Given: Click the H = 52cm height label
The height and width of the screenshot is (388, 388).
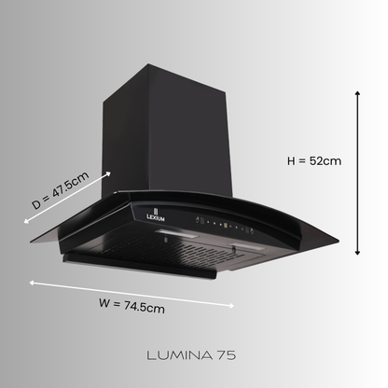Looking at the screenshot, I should [x=313, y=160].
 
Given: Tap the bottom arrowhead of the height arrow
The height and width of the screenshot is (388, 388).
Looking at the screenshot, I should [x=358, y=253].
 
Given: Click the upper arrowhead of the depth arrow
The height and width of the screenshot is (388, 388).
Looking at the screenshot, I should [x=110, y=173].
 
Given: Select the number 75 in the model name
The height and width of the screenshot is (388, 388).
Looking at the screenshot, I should [x=227, y=354].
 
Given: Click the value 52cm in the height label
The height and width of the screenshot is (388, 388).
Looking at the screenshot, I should [x=326, y=160].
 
